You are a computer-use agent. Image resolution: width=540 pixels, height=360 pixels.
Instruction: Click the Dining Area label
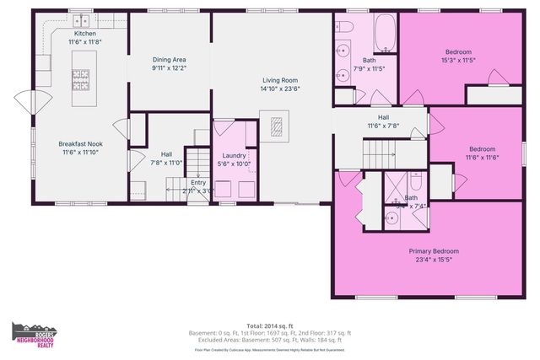[169, 60]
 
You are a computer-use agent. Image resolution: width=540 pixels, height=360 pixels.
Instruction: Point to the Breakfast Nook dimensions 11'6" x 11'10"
[80, 153]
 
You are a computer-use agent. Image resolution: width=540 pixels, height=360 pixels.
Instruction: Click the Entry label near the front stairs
[197, 183]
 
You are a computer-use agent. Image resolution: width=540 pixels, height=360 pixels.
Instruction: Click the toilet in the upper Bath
[346, 28]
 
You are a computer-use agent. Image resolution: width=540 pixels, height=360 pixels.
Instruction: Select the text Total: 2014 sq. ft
[270, 325]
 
